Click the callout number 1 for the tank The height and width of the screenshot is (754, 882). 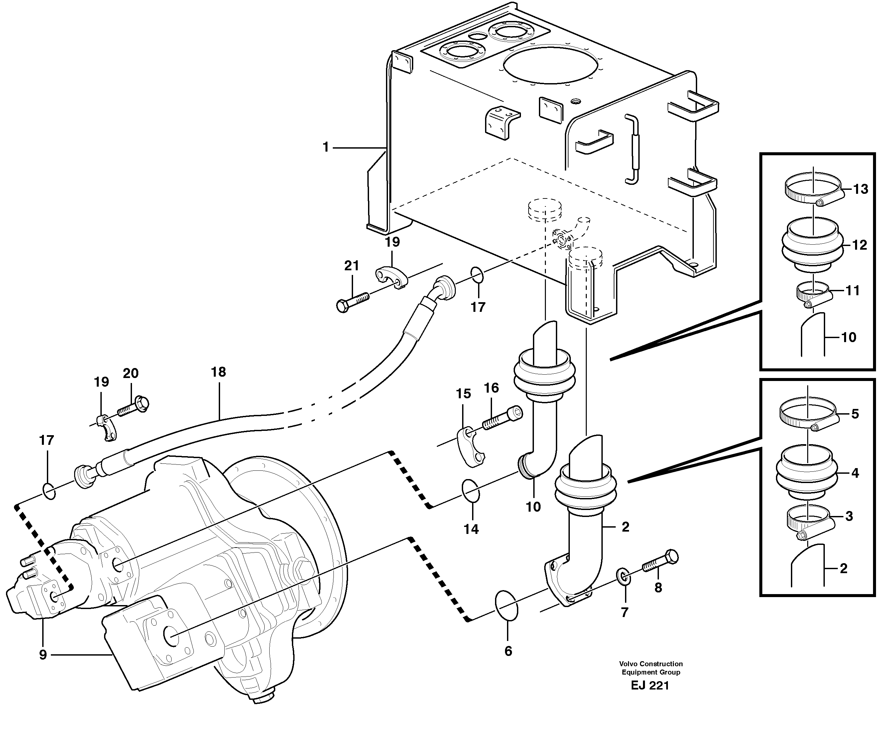[x=326, y=148]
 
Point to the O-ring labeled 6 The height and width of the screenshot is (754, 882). [x=507, y=605]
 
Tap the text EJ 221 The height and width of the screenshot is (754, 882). [x=650, y=686]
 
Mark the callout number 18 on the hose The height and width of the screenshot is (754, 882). [x=218, y=372]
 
